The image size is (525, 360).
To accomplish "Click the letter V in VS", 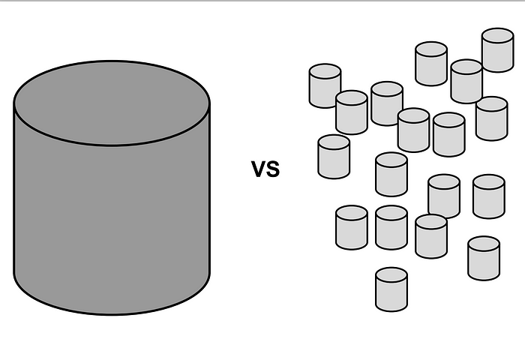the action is pyautogui.click(x=259, y=170).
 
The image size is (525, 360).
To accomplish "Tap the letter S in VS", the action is pyautogui.click(x=272, y=170).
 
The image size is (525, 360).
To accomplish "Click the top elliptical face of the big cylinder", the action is pyautogui.click(x=111, y=102).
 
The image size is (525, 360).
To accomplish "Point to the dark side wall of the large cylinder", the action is pyautogui.click(x=111, y=225).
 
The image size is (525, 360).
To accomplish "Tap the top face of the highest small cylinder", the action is pyautogui.click(x=497, y=37).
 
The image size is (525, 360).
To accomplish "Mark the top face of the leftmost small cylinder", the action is pyautogui.click(x=325, y=73).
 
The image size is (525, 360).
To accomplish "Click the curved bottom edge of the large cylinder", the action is pyautogui.click(x=111, y=313).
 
